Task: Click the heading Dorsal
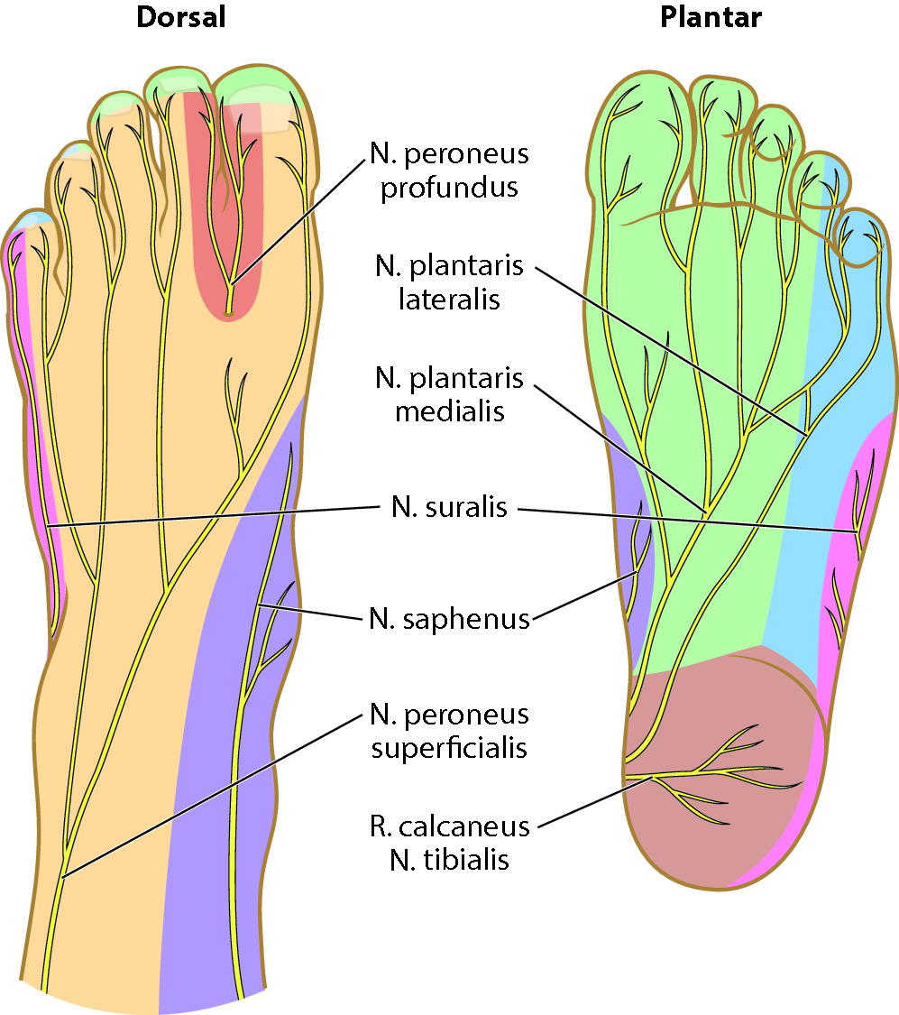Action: point(179,17)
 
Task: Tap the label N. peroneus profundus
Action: point(449,171)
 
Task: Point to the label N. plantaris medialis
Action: point(449,394)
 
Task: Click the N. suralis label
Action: point(449,508)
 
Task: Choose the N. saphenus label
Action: point(449,619)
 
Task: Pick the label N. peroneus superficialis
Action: point(449,731)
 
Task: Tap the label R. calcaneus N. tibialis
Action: point(449,843)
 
